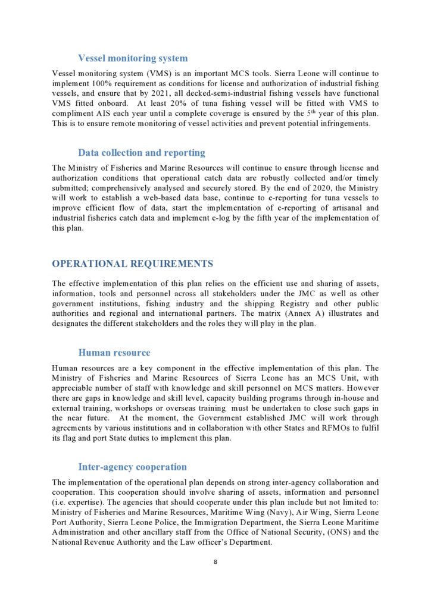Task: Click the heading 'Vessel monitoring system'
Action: coord(133,58)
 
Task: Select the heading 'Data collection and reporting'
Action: coord(142,153)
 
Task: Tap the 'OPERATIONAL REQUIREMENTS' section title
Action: coord(132,263)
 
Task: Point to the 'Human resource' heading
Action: coord(114,353)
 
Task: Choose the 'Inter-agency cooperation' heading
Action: coord(132,467)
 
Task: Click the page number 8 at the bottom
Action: coord(215,561)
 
